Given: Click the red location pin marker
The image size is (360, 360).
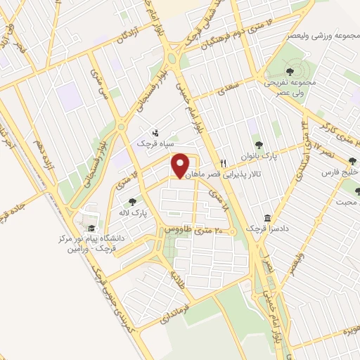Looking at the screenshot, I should pos(180,167).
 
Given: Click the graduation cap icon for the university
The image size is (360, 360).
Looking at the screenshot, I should pos(91,229).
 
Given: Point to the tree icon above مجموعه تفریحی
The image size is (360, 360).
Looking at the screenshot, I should pos(291,71).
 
